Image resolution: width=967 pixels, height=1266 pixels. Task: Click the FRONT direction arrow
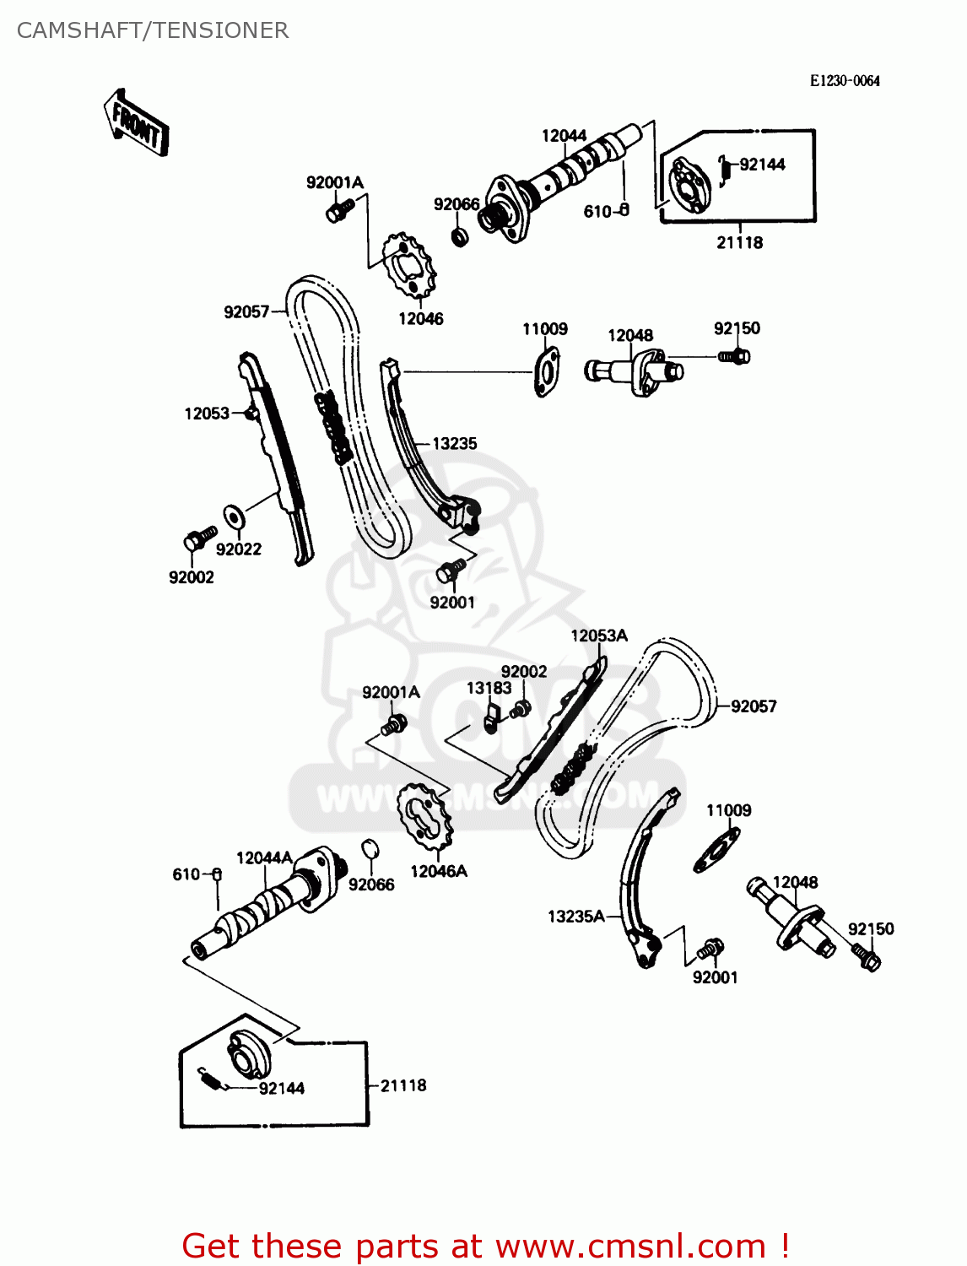point(136,123)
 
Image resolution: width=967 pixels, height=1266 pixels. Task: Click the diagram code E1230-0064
point(844,81)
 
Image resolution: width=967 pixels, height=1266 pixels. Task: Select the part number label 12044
point(564,136)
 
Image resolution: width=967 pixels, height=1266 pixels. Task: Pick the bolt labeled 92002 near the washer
point(198,538)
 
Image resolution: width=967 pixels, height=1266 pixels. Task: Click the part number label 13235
point(454,443)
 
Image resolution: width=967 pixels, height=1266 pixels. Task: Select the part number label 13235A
point(576,917)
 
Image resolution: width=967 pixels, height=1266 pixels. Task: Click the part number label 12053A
point(599,636)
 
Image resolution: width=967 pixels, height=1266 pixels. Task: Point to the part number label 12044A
point(264,858)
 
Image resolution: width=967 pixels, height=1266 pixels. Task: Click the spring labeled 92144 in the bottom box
point(211,1079)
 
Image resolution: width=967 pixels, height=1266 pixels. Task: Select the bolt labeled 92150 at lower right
point(867,957)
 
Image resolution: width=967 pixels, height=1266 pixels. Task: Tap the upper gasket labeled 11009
point(546,371)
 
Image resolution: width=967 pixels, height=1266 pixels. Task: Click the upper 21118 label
point(739,242)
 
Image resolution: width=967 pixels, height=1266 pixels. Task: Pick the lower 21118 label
point(403,1085)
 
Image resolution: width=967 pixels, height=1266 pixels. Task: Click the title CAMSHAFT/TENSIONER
point(153,30)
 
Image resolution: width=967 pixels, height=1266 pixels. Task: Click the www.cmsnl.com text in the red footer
point(630,1246)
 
